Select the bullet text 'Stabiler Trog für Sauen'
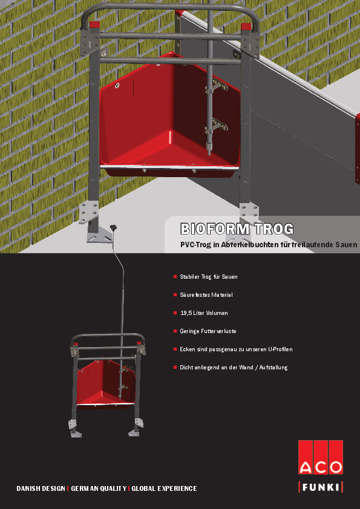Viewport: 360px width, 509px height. click(x=209, y=277)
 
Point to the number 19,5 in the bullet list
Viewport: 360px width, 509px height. click(x=186, y=313)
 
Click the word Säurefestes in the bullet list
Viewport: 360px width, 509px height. click(x=195, y=295)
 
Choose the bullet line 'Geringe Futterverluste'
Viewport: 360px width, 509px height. click(x=208, y=331)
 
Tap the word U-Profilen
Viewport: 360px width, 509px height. click(x=280, y=349)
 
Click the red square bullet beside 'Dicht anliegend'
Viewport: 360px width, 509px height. click(x=175, y=368)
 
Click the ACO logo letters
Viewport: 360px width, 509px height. click(x=321, y=468)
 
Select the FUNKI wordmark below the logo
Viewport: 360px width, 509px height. click(x=321, y=487)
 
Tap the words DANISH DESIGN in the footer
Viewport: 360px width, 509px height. click(x=41, y=488)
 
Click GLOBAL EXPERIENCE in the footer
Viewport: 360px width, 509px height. click(x=164, y=488)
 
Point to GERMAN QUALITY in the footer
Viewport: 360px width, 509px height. click(x=99, y=488)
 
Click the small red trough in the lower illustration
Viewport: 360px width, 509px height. click(x=106, y=383)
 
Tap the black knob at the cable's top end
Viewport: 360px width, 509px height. click(x=113, y=228)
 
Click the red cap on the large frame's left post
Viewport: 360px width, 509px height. click(x=95, y=25)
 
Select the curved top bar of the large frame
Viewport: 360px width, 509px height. click(x=169, y=7)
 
